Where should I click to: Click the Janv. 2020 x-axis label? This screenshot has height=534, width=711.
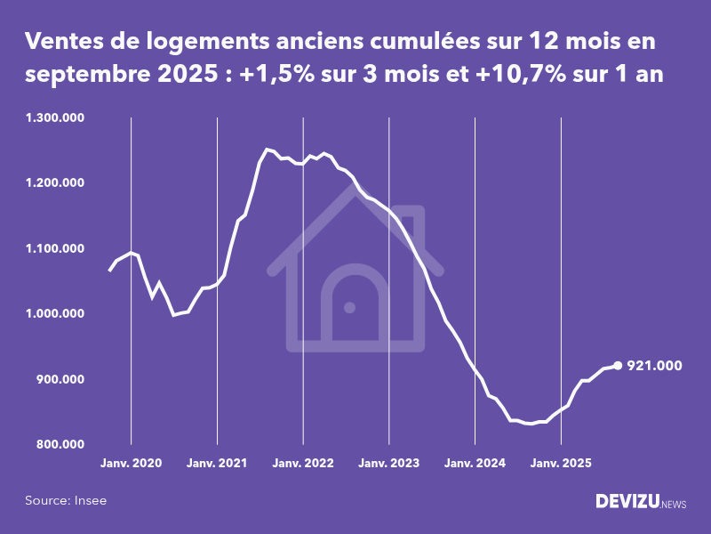(x=131, y=463)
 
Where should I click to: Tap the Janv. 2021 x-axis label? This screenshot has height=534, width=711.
(x=217, y=463)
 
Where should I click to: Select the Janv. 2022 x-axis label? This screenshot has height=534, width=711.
(x=303, y=463)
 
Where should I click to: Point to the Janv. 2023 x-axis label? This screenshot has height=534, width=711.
(x=389, y=463)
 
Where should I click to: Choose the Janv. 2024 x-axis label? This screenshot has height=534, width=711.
(x=475, y=463)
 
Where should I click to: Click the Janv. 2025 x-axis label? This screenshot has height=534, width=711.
(x=561, y=463)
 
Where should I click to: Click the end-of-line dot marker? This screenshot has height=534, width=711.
(x=618, y=365)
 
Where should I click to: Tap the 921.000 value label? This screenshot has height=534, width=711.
(x=654, y=366)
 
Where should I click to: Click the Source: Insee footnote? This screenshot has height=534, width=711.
(x=66, y=501)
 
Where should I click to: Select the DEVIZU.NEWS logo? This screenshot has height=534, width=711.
(x=640, y=502)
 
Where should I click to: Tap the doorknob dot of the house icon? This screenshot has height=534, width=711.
(x=349, y=307)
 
